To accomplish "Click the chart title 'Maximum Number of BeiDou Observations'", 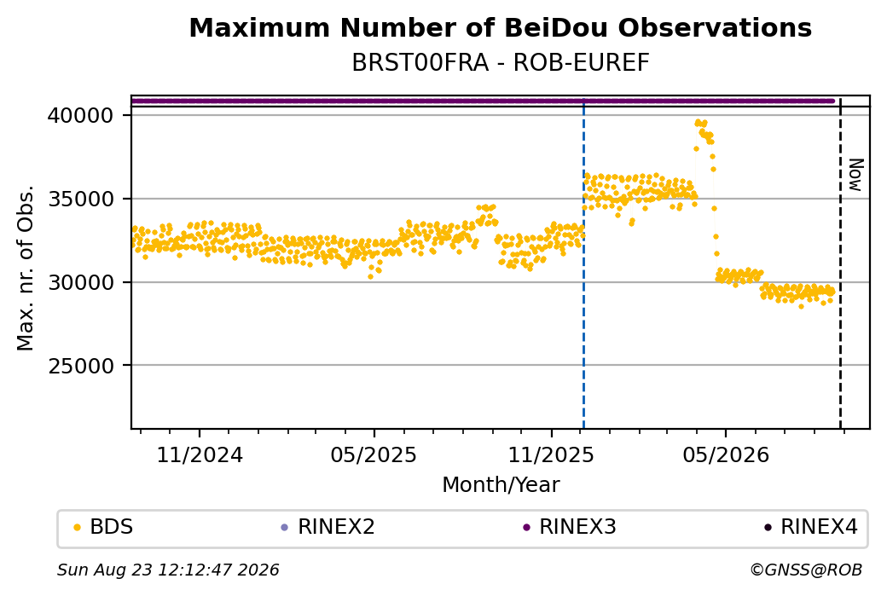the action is point(500,27).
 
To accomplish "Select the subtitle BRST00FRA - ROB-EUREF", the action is point(500,63).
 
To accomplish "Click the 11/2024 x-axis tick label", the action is point(199,454).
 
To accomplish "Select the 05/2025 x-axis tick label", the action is point(374,454).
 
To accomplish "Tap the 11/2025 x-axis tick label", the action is point(551,454).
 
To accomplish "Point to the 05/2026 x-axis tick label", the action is point(726,454).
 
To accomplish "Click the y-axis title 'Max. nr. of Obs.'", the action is point(26,268).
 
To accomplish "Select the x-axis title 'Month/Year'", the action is point(501,484).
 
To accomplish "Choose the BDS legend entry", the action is point(103,527).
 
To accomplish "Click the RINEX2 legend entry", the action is point(328,527).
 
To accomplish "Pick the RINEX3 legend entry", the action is point(570,527).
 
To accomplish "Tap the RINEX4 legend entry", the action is point(810,527).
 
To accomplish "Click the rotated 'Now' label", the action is point(856,175).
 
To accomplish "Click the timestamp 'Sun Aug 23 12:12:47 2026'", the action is point(168,570).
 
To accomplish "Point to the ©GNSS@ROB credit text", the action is point(806,570).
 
